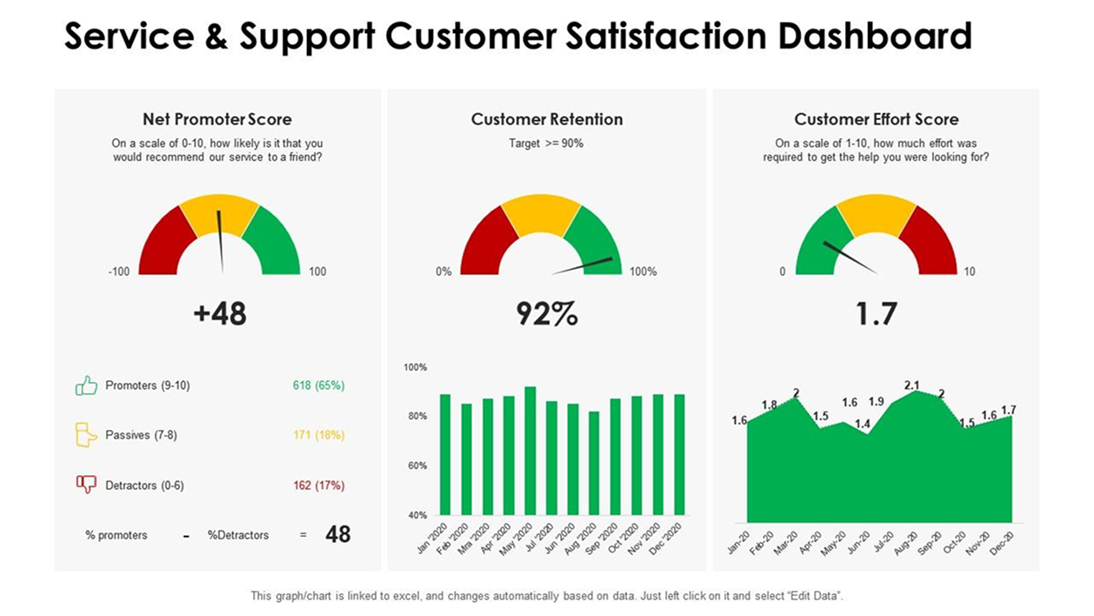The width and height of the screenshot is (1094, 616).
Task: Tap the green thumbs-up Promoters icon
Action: click(x=86, y=385)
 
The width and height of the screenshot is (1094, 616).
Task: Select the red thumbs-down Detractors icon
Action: click(x=86, y=485)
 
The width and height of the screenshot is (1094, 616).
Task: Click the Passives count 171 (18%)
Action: click(x=318, y=435)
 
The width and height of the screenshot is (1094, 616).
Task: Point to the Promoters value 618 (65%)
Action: click(x=318, y=385)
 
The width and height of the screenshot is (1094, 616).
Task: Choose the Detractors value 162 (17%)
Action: click(x=318, y=485)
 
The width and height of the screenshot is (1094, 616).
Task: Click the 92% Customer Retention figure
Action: click(x=546, y=314)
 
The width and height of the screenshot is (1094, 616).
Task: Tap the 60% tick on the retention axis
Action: click(x=416, y=466)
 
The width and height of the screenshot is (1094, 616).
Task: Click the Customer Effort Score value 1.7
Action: click(x=875, y=314)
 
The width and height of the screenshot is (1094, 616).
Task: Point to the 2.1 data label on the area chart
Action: click(x=912, y=385)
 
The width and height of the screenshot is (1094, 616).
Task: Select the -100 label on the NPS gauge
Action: click(x=118, y=271)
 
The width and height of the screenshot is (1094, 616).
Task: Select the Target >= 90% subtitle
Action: click(x=546, y=144)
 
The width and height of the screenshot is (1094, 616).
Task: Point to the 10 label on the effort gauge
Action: click(x=970, y=271)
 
